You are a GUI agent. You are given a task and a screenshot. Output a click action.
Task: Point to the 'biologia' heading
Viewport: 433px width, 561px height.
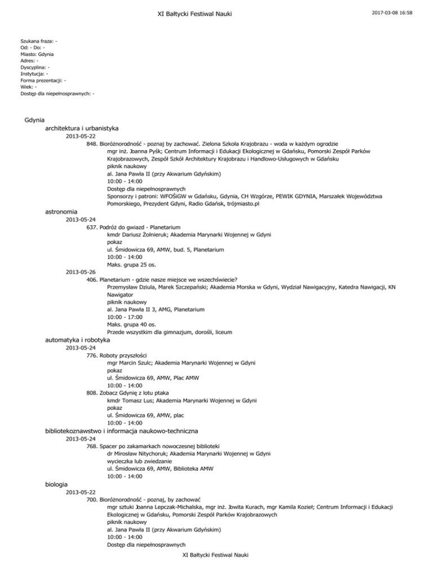click(56, 484)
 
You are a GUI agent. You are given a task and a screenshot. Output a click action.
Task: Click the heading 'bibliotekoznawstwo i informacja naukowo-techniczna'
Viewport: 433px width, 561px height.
click(121, 431)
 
